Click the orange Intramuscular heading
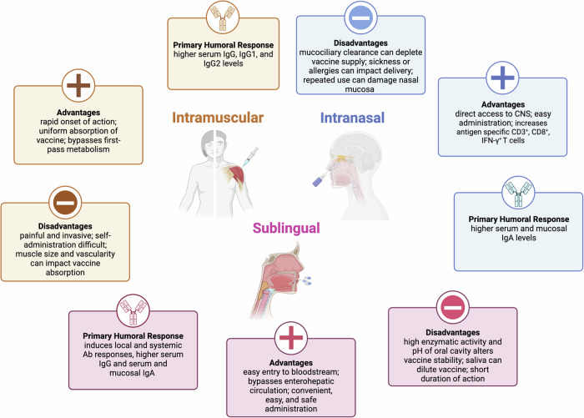(x=218, y=118)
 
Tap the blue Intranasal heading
(x=352, y=118)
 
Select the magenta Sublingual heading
(x=286, y=228)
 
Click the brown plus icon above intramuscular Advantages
(x=78, y=85)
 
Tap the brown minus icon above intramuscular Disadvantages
(x=65, y=203)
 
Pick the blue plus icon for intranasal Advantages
(x=502, y=78)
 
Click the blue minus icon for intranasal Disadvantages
(x=360, y=18)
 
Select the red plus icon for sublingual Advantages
(x=291, y=338)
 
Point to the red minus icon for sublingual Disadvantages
(x=452, y=307)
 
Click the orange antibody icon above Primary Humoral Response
(x=223, y=18)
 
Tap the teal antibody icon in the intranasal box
(x=518, y=193)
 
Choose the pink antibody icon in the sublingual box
(x=133, y=310)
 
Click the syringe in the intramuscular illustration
(x=250, y=157)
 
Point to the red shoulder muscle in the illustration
(x=234, y=176)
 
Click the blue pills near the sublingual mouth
(x=307, y=280)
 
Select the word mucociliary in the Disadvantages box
(x=320, y=53)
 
